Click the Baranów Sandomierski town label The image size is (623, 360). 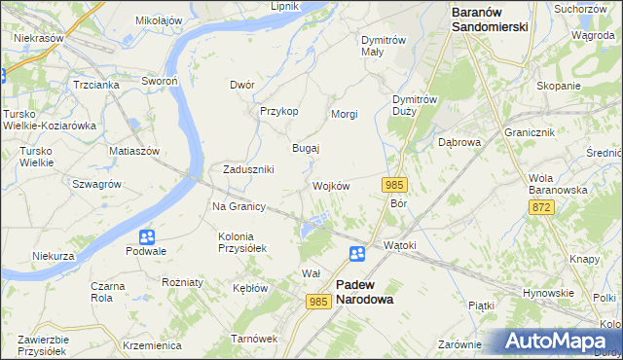490,19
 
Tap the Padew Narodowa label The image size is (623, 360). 364,292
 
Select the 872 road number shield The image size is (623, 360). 542,207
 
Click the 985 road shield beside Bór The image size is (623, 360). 394,185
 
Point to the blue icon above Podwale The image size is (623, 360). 146,235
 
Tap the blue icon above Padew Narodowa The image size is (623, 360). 357,254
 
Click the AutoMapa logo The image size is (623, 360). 559,342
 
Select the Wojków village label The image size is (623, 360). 331,185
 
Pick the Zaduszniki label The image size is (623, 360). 248,168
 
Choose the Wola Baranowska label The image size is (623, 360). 558,184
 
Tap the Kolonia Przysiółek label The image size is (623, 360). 243,241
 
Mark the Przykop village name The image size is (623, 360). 278,111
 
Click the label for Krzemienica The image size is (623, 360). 153,345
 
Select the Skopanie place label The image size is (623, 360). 558,86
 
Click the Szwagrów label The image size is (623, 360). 96,183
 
